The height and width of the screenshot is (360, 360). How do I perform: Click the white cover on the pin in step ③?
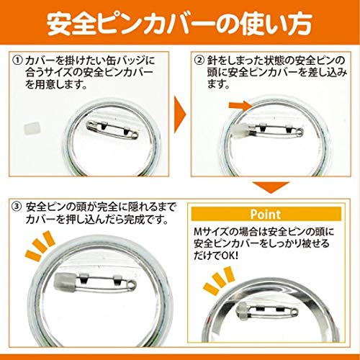pos(60,281)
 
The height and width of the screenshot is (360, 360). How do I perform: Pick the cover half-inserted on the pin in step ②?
pos(240,132)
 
